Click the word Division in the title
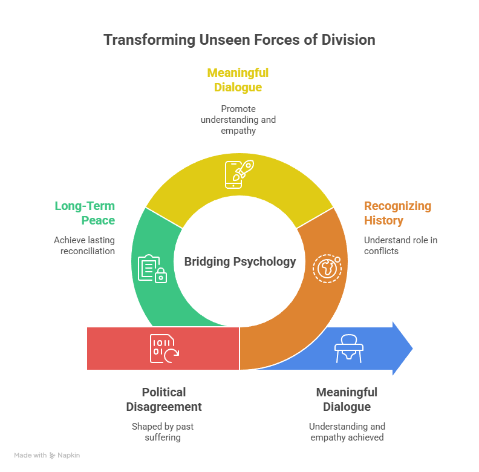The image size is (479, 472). click(347, 40)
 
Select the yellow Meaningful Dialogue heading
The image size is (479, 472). click(238, 80)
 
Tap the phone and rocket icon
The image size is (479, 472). click(239, 174)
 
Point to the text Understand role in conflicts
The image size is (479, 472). click(400, 245)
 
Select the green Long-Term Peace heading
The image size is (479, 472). click(85, 213)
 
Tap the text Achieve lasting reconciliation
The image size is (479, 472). click(84, 245)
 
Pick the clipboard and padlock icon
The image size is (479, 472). click(152, 269)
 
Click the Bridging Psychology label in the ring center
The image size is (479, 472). click(240, 262)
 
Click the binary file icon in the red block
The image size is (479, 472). click(164, 348)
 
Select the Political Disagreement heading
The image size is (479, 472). click(164, 399)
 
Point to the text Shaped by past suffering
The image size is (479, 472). click(163, 431)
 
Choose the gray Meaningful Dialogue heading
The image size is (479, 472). click(347, 399)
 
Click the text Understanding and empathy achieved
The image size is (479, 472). click(347, 431)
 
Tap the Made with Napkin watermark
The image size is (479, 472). click(47, 455)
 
